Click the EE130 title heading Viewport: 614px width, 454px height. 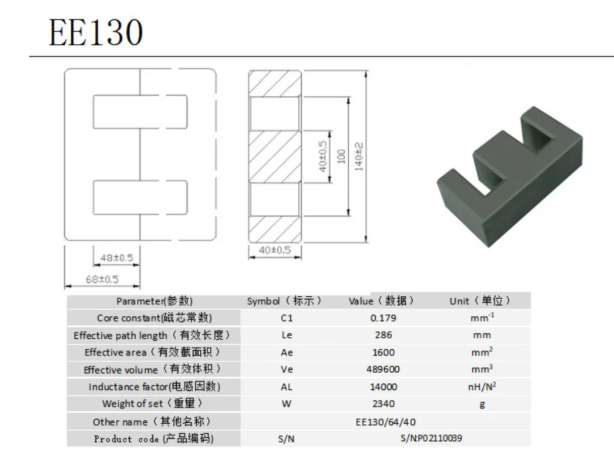[95, 32]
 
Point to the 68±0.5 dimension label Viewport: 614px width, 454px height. [102, 279]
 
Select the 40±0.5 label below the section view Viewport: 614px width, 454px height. [275, 250]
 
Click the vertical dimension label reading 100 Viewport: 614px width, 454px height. [341, 157]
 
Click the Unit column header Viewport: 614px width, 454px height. [480, 302]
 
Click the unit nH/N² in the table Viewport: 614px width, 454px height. [483, 387]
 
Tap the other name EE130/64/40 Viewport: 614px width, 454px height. [386, 422]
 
